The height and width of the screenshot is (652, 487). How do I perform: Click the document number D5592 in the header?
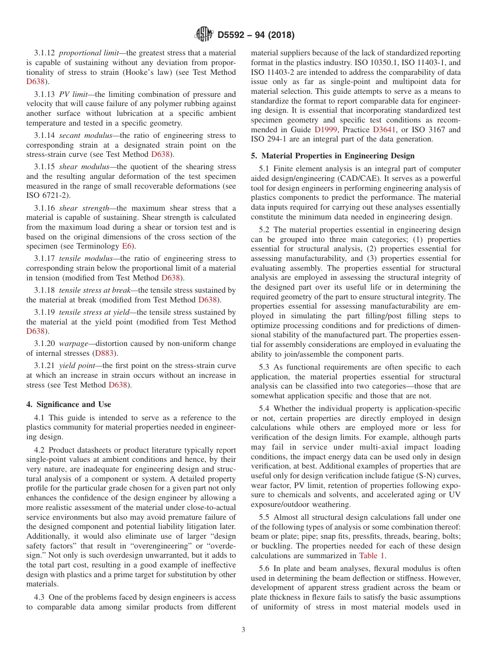tap(232, 35)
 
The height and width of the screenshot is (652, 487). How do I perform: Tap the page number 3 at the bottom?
tap(243, 630)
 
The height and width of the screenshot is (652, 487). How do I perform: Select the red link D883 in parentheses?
tap(103, 353)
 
